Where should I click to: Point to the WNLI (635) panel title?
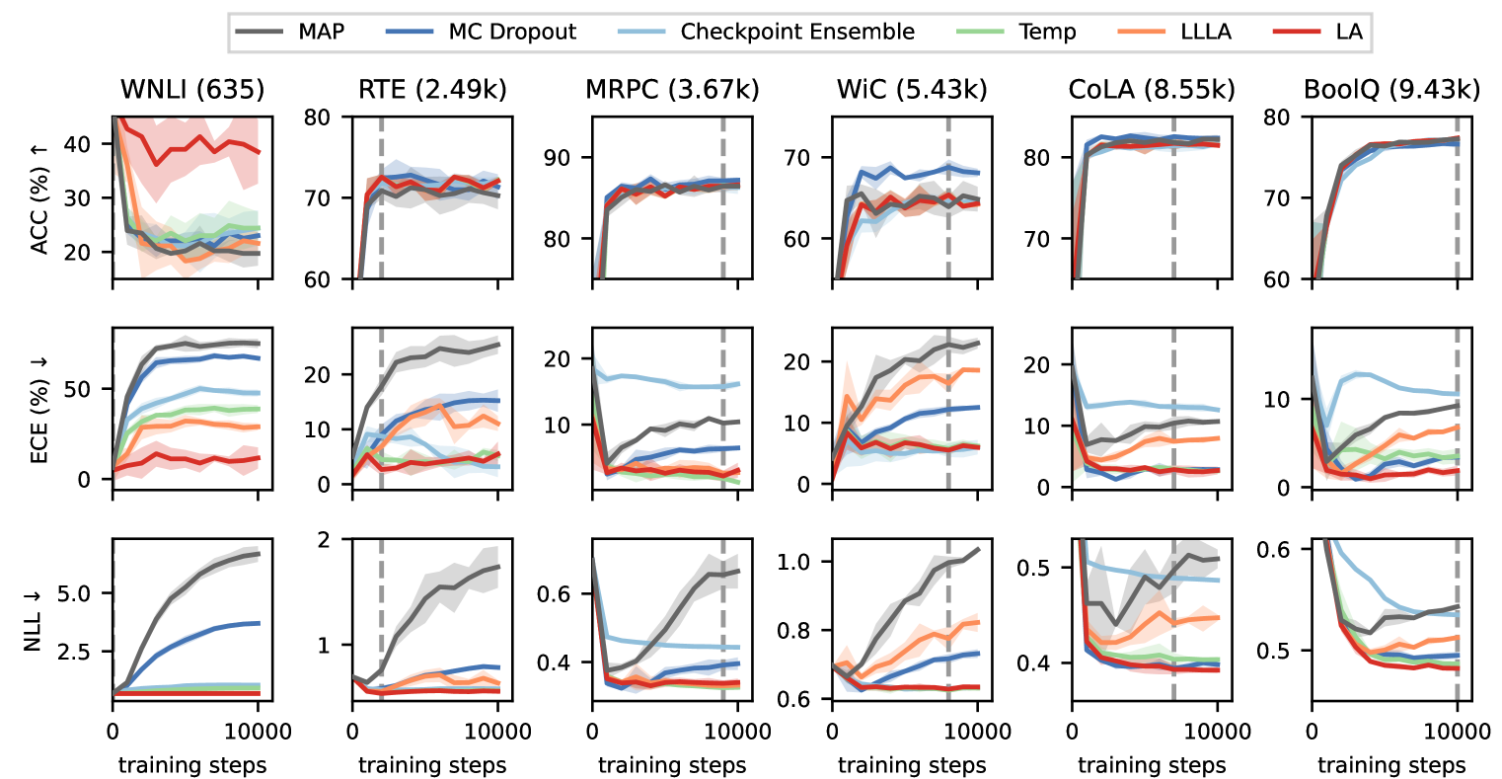(x=192, y=90)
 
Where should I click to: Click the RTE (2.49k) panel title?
(x=432, y=90)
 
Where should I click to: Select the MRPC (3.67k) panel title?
(x=672, y=90)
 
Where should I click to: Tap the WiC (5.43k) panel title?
(x=912, y=90)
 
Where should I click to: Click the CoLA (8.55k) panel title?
(x=1152, y=90)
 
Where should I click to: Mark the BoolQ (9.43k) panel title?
(x=1391, y=90)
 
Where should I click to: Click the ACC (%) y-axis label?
(x=39, y=198)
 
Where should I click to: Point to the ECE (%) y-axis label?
(x=39, y=408)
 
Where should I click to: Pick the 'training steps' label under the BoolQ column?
(x=1391, y=765)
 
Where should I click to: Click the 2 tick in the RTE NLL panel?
(x=336, y=540)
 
